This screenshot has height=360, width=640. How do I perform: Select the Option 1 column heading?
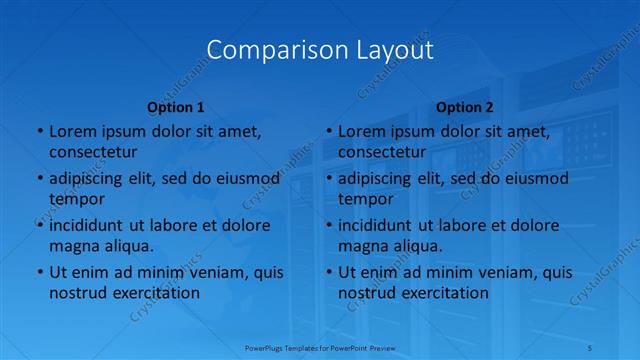[176, 107]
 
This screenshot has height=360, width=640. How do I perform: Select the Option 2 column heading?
[465, 107]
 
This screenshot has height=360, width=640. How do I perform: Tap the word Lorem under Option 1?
[72, 131]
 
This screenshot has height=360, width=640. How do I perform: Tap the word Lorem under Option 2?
[361, 131]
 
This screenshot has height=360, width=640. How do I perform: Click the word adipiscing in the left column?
[92, 179]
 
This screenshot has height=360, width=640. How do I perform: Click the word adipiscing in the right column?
[381, 179]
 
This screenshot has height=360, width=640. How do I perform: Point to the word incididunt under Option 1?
[92, 225]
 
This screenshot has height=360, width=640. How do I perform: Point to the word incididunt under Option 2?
[381, 225]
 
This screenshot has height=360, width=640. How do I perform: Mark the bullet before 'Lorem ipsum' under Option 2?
[328, 131]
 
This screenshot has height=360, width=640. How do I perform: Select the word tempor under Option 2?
[366, 198]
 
